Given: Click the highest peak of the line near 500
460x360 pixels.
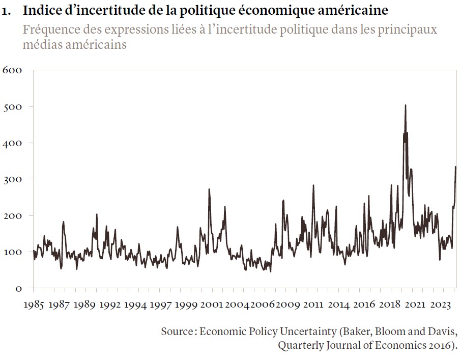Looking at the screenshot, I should (405, 105).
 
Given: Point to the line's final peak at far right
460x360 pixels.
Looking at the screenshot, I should (455, 167).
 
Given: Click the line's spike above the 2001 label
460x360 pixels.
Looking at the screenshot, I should (209, 189).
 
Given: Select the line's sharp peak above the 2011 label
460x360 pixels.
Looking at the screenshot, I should (313, 185).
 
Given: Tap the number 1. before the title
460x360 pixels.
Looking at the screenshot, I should (7, 11).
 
